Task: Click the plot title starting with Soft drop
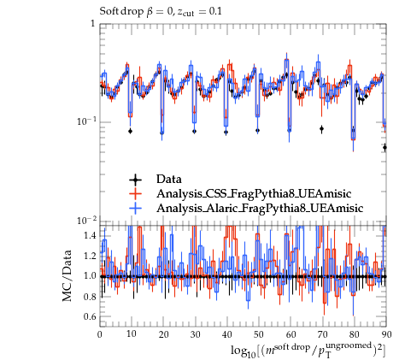point(161,12)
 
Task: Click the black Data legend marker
point(136,180)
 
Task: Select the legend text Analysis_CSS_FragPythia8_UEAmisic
point(254,194)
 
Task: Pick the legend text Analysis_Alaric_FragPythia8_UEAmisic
point(260,209)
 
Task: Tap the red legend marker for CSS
point(136,194)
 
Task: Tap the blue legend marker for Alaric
point(136,209)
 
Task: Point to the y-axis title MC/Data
point(67,275)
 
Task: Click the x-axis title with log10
point(308,350)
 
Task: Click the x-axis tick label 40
point(227,334)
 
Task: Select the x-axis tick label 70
point(323,334)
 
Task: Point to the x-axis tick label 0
point(100,334)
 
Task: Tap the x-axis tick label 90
point(386,334)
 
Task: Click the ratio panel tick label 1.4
point(90,236)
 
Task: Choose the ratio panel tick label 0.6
point(90,316)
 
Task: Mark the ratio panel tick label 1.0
point(90,276)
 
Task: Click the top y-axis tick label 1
point(92,23)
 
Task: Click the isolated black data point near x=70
point(321,129)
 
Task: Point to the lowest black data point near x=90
point(385,147)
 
